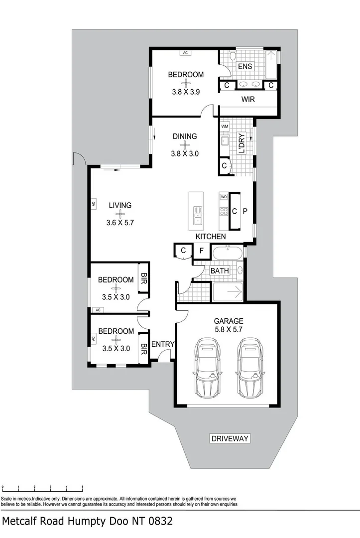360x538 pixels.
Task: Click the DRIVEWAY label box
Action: click(x=230, y=438)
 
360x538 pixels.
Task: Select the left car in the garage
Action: click(x=207, y=366)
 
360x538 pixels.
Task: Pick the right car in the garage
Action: click(x=250, y=366)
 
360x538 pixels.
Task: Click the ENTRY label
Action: click(x=163, y=344)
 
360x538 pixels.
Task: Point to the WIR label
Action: click(x=248, y=100)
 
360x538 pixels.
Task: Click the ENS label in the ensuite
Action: click(x=245, y=66)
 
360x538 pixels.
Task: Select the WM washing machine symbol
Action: click(x=224, y=127)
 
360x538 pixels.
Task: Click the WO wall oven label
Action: click(x=224, y=197)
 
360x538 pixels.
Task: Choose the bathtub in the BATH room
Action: click(x=228, y=253)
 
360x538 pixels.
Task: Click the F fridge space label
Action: click(x=201, y=251)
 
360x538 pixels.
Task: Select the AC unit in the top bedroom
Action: click(x=185, y=52)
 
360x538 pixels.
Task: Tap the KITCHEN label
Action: click(x=211, y=236)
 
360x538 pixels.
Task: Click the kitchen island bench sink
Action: click(x=198, y=215)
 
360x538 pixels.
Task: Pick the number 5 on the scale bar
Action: click(x=82, y=486)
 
